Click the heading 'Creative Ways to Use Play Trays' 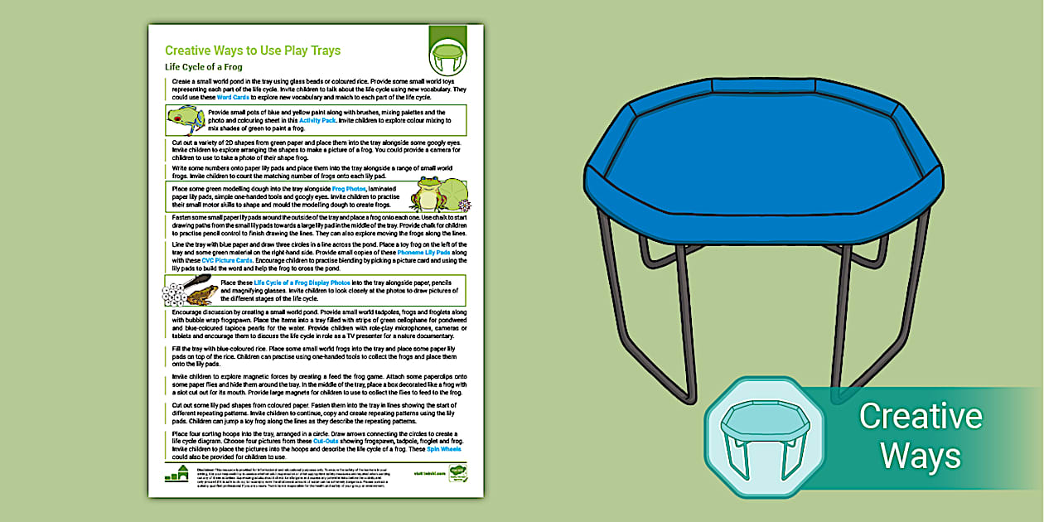252,51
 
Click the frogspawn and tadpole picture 191,290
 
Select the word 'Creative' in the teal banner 920,416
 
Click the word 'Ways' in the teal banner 920,456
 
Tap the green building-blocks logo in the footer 176,473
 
